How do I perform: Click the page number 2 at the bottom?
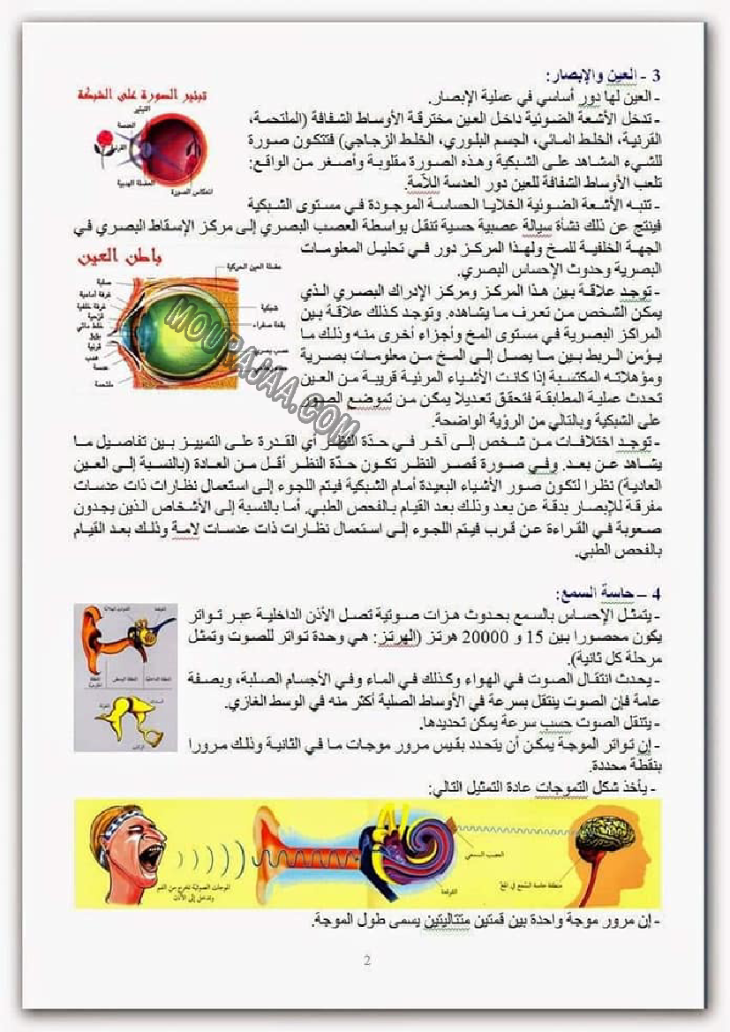point(366,960)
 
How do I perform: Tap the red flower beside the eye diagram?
point(105,139)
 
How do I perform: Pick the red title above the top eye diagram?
point(145,91)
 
